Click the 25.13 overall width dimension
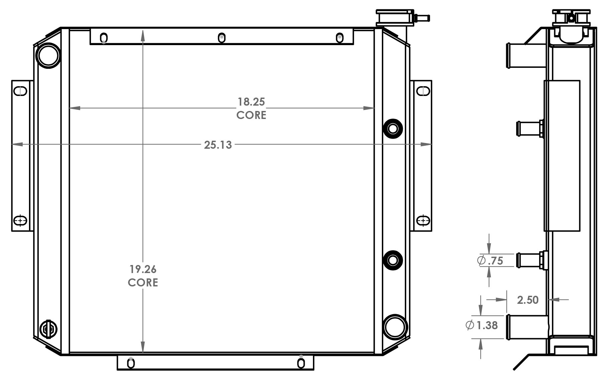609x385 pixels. (x=218, y=145)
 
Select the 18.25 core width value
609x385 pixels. (x=251, y=102)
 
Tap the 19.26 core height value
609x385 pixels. (x=143, y=269)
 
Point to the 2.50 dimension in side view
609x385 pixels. (x=528, y=300)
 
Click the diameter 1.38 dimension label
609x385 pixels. (x=482, y=325)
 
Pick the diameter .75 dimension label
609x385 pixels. (x=490, y=261)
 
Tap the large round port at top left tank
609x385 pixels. (x=48, y=55)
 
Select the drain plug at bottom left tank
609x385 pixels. (x=48, y=329)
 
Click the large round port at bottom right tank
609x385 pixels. (x=395, y=327)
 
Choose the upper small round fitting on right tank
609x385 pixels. (x=393, y=128)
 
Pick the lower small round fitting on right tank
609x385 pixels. (x=393, y=260)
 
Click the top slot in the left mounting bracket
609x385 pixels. (x=20, y=91)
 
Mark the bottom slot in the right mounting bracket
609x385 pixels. (x=423, y=221)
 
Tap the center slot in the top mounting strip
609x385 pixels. (x=221, y=38)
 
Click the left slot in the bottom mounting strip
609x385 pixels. (x=131, y=363)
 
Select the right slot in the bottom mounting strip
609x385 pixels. (x=301, y=363)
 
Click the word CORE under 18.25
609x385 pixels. (x=251, y=115)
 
